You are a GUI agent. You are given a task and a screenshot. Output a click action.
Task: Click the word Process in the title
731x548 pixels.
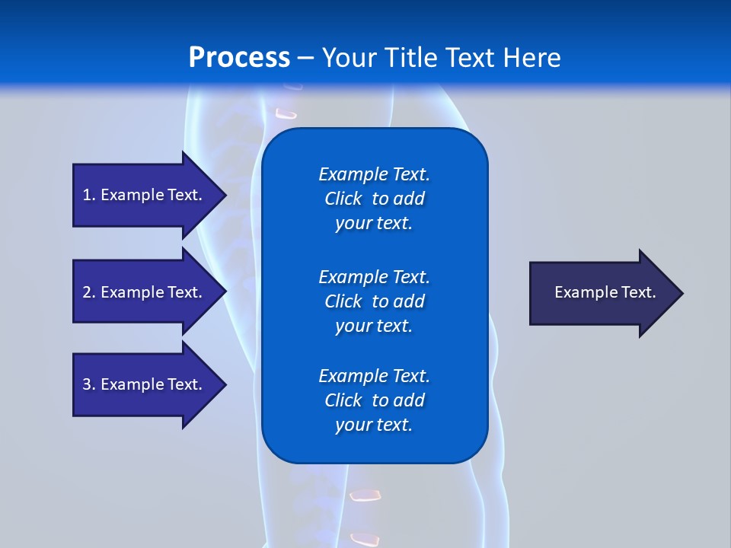point(239,58)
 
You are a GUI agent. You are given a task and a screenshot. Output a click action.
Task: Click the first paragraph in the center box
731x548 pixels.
point(374,199)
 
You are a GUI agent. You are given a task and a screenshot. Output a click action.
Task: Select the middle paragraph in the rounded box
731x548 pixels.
point(374,301)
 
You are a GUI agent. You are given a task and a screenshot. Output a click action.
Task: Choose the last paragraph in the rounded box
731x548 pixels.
point(374,400)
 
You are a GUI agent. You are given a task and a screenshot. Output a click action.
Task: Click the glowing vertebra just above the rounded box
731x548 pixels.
point(286,114)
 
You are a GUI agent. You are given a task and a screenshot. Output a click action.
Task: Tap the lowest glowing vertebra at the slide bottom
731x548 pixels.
point(364,539)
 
